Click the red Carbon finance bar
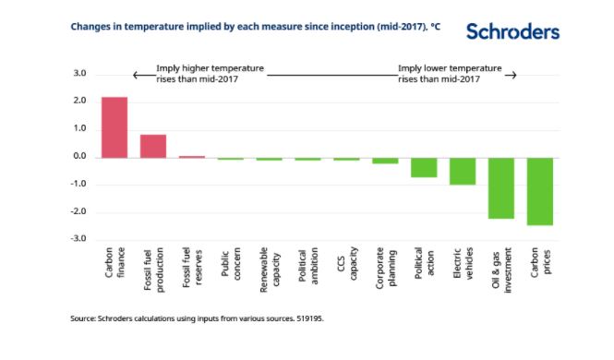pyautogui.click(x=114, y=127)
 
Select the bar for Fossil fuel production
pyautogui.click(x=153, y=147)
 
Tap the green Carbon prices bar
pyautogui.click(x=540, y=191)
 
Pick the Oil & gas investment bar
pyautogui.click(x=501, y=188)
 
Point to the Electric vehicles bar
pyautogui.click(x=463, y=172)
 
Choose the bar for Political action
pyautogui.click(x=424, y=167)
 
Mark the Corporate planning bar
pyautogui.click(x=385, y=161)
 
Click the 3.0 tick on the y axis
pyautogui.click(x=79, y=73)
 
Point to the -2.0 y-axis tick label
pyautogui.click(x=78, y=211)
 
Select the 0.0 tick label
pyautogui.click(x=79, y=156)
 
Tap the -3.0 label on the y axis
pyautogui.click(x=78, y=239)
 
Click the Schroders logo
pyautogui.click(x=512, y=31)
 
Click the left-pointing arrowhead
pyautogui.click(x=135, y=75)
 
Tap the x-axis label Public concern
pyautogui.click(x=231, y=264)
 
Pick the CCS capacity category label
pyautogui.click(x=347, y=263)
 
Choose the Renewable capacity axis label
pyautogui.click(x=270, y=270)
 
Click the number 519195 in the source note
pyautogui.click(x=309, y=318)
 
